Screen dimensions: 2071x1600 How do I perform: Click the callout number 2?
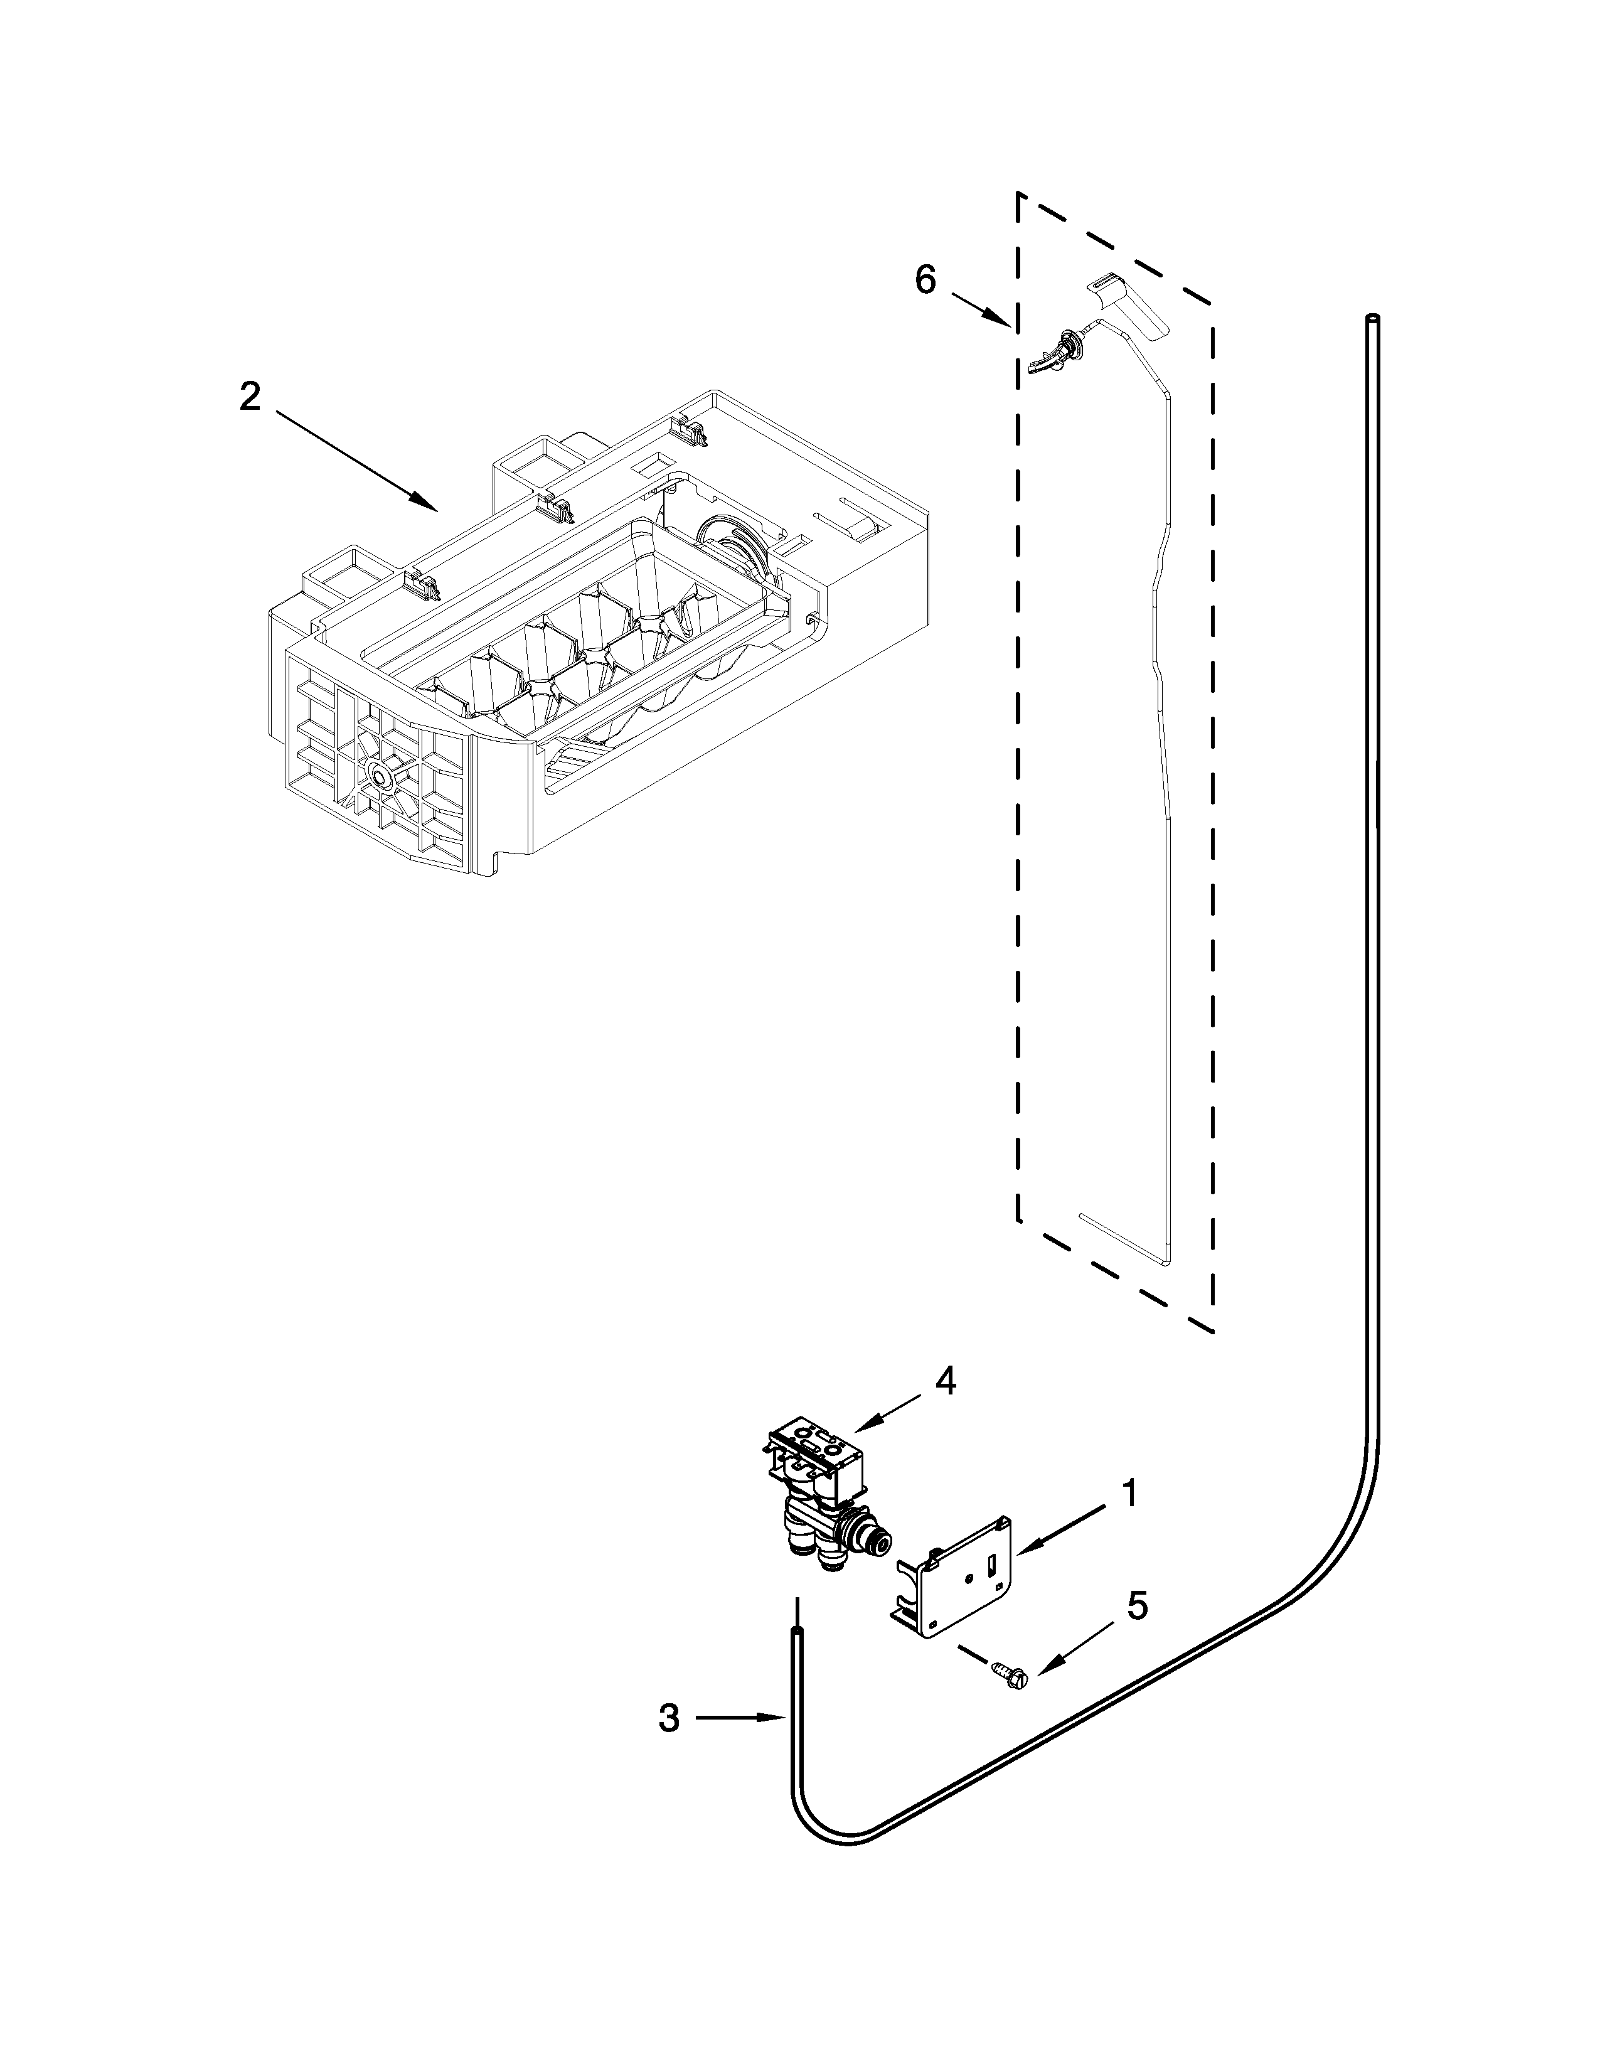click(x=249, y=397)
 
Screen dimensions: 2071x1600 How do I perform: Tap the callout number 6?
click(x=925, y=280)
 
